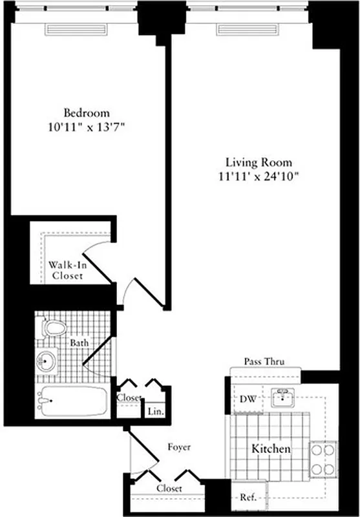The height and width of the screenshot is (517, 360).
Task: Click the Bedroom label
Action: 86,112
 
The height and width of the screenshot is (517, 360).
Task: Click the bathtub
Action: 72,401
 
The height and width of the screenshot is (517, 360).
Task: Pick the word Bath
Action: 80,343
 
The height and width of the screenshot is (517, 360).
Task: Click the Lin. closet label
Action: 155,411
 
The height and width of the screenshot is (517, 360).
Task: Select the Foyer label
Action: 178,447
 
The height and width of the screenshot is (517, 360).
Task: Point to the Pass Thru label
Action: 264,362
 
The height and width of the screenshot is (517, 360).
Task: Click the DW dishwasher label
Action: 249,399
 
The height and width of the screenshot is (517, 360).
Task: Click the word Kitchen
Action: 271,448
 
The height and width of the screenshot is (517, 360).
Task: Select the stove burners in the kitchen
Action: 323,459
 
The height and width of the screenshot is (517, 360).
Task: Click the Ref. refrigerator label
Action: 247,498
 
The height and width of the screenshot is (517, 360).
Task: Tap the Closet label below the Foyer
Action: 168,489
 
